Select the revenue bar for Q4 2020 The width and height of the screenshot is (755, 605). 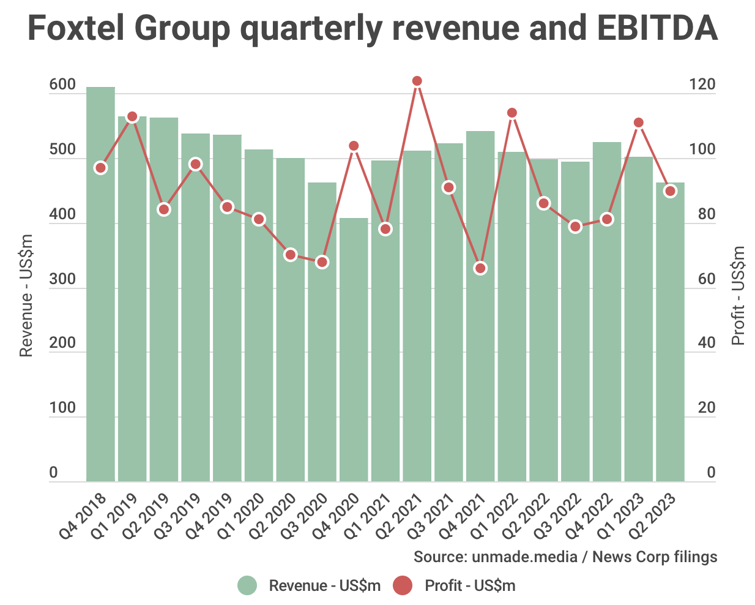pyautogui.click(x=354, y=350)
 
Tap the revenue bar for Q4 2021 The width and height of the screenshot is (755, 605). pyautogui.click(x=480, y=306)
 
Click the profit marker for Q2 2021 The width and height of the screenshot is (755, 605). pyautogui.click(x=417, y=81)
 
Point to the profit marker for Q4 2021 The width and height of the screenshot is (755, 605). pyautogui.click(x=480, y=268)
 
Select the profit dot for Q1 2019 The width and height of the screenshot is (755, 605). pyautogui.click(x=132, y=116)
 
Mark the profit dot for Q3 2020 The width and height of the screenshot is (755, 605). pyautogui.click(x=322, y=262)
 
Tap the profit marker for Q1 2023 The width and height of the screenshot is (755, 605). pyautogui.click(x=639, y=122)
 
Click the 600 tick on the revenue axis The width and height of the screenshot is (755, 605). pyautogui.click(x=62, y=85)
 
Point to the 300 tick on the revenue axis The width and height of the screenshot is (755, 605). pyautogui.click(x=62, y=279)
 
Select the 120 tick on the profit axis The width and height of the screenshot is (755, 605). pyautogui.click(x=702, y=85)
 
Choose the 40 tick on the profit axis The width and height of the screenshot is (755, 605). pyautogui.click(x=706, y=344)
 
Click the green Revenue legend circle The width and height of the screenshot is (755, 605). pyautogui.click(x=247, y=586)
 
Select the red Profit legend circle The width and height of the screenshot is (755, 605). pyautogui.click(x=403, y=586)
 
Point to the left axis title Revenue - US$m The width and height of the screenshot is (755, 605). pyautogui.click(x=26, y=295)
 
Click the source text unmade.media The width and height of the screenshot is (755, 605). pyautogui.click(x=524, y=557)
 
